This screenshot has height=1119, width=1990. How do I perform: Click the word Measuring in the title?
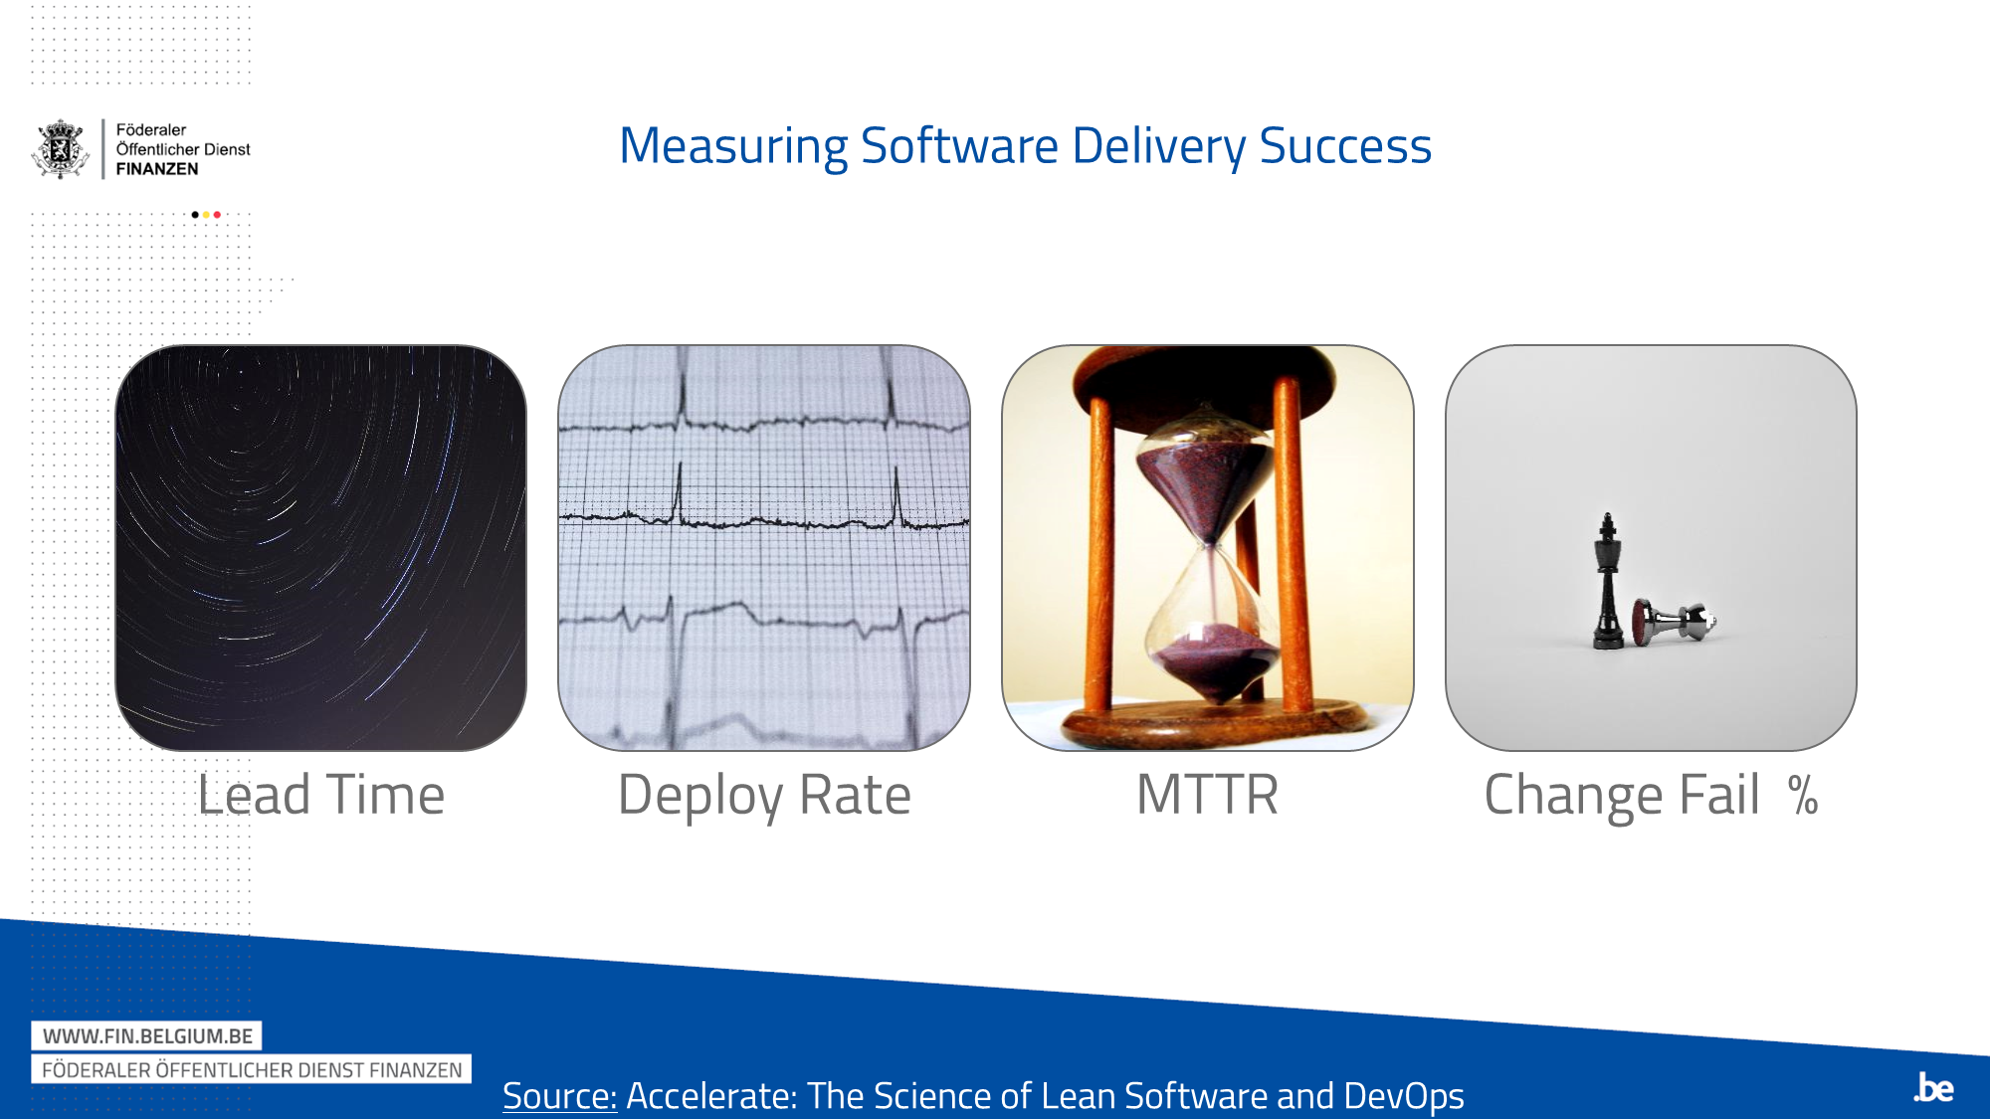click(x=733, y=146)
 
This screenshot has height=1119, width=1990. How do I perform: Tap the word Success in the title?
click(x=1345, y=146)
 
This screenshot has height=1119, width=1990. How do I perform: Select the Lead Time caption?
click(x=320, y=795)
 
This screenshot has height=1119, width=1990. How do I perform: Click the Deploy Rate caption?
click(x=764, y=795)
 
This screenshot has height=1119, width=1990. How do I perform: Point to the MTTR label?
click(x=1207, y=795)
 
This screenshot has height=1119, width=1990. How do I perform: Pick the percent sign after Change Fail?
click(x=1803, y=796)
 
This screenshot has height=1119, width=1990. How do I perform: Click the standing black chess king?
click(x=1607, y=587)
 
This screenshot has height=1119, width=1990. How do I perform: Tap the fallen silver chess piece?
click(x=1675, y=623)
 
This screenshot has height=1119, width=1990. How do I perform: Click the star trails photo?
click(x=320, y=547)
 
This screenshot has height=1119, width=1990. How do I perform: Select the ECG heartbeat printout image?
click(x=764, y=547)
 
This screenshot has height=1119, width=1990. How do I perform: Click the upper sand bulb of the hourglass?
click(x=1206, y=477)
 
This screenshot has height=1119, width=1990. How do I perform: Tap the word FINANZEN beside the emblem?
click(x=157, y=169)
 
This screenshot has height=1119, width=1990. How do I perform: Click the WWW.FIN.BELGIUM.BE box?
click(x=147, y=1035)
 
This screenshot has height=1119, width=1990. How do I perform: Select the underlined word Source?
click(x=559, y=1095)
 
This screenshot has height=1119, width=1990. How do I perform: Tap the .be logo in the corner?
click(x=1933, y=1087)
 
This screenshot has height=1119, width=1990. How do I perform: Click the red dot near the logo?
click(x=217, y=215)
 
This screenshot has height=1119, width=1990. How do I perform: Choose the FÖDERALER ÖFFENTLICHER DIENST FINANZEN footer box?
click(x=252, y=1069)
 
